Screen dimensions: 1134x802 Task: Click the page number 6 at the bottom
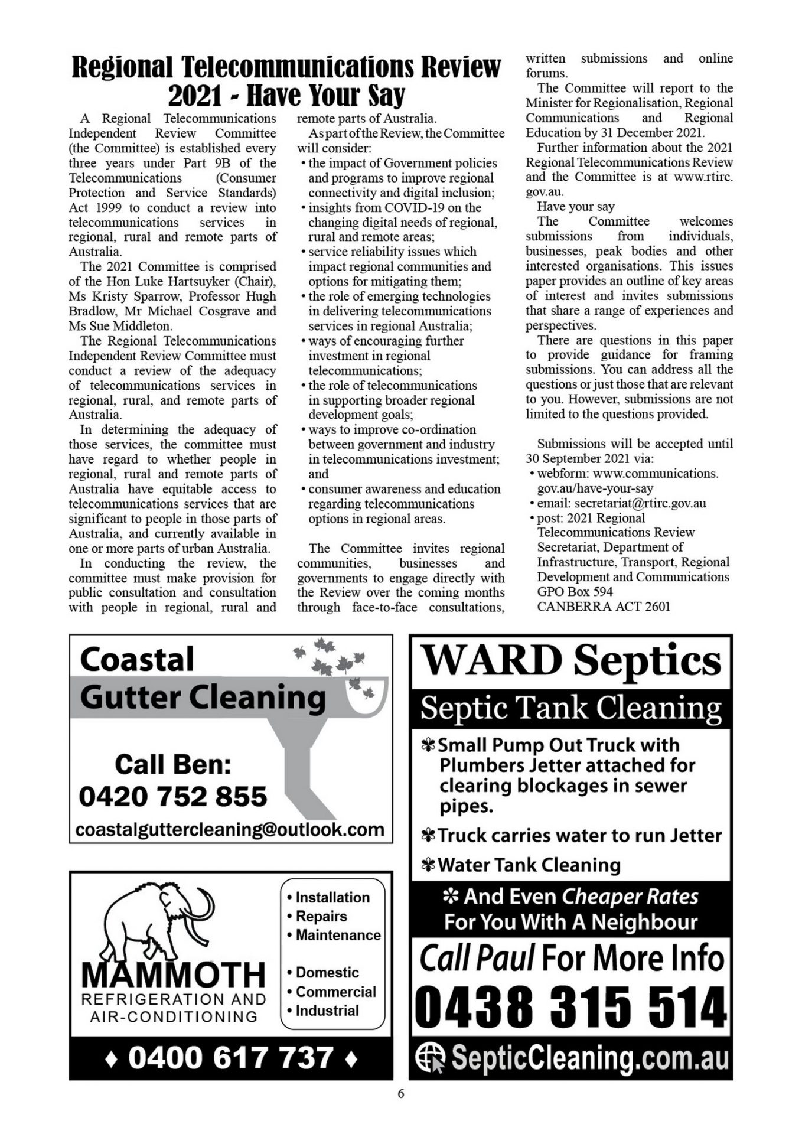click(x=401, y=1094)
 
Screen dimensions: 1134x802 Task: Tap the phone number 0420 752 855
click(x=173, y=796)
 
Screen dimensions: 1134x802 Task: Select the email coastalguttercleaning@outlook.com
click(x=230, y=829)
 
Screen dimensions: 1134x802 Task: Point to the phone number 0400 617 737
click(x=230, y=1058)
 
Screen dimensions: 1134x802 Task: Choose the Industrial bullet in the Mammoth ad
click(x=327, y=1011)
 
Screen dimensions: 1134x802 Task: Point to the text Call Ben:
click(x=172, y=764)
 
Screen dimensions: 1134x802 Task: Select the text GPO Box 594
click(x=575, y=592)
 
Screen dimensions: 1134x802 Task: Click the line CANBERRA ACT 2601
click(x=604, y=607)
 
